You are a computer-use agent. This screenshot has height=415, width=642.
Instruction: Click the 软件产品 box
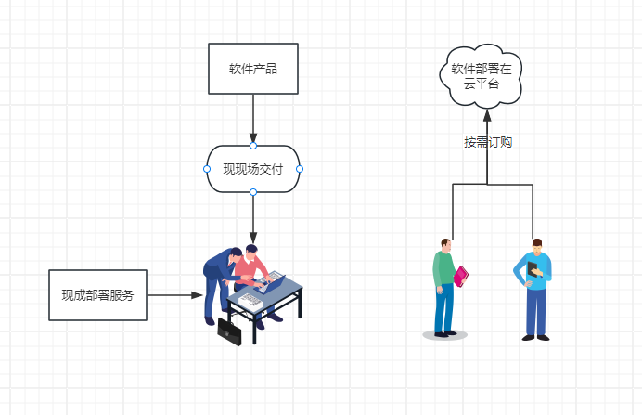[253, 69]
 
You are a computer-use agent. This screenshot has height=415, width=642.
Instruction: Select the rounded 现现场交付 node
[253, 169]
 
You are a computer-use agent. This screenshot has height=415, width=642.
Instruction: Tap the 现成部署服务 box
[97, 295]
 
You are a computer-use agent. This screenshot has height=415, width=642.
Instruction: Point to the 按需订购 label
[488, 143]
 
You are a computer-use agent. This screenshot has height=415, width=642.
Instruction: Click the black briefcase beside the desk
[229, 331]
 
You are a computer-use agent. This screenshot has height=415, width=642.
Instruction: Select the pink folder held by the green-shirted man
[461, 277]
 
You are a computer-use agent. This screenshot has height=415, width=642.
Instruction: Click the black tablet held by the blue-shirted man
[532, 270]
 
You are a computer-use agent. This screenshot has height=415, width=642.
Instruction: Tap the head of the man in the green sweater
[446, 246]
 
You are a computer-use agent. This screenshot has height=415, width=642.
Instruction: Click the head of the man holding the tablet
[536, 246]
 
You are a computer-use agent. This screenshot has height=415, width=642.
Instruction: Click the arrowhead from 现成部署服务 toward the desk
[197, 295]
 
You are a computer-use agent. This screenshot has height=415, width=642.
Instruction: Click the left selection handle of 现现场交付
[207, 169]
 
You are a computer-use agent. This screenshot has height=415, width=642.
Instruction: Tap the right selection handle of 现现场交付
[300, 169]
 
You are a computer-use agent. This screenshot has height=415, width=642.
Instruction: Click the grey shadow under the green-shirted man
[444, 335]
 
